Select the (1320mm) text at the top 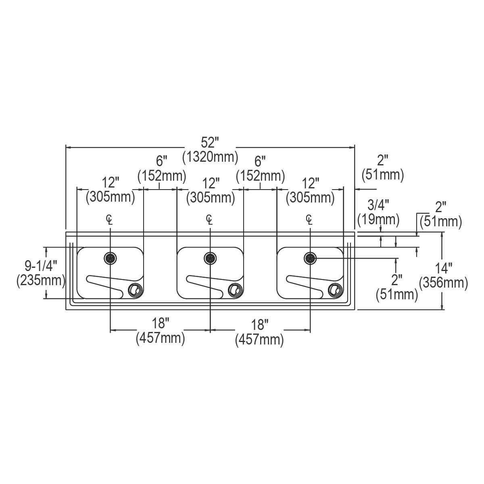pyautogui.click(x=210, y=156)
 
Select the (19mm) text pyautogui.click(x=378, y=219)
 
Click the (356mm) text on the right pyautogui.click(x=444, y=283)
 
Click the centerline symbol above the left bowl pyautogui.click(x=109, y=219)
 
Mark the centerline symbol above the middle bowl pyautogui.click(x=209, y=219)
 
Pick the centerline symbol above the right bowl pyautogui.click(x=309, y=219)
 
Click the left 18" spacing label pyautogui.click(x=160, y=323)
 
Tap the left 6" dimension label pyautogui.click(x=161, y=161)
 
